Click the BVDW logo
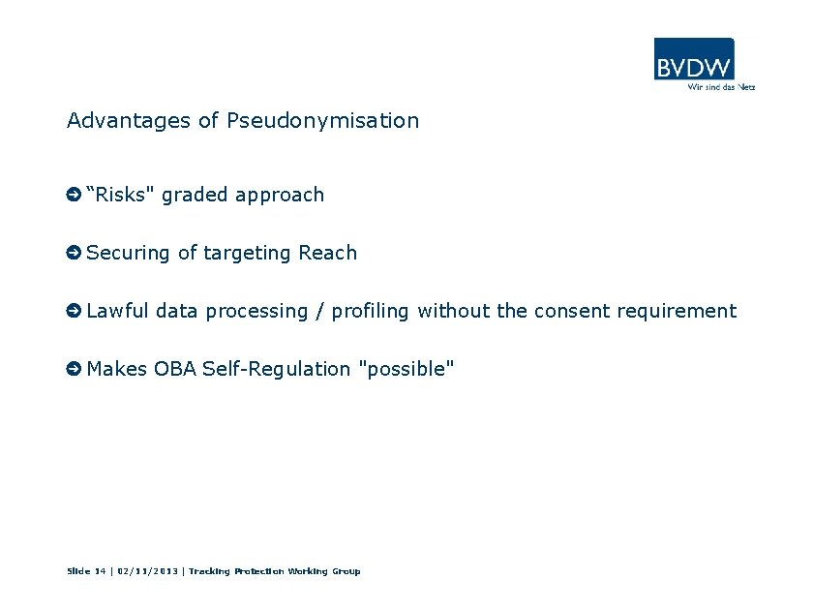[693, 59]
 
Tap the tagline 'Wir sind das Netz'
[720, 86]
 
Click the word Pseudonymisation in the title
[322, 121]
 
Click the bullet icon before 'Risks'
[73, 196]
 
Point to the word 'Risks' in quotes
[121, 195]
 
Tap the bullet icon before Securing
[73, 254]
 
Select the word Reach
[327, 253]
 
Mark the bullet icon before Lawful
[73, 312]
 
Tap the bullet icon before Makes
[73, 370]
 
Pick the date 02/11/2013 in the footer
[148, 571]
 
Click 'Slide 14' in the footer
[86, 571]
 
